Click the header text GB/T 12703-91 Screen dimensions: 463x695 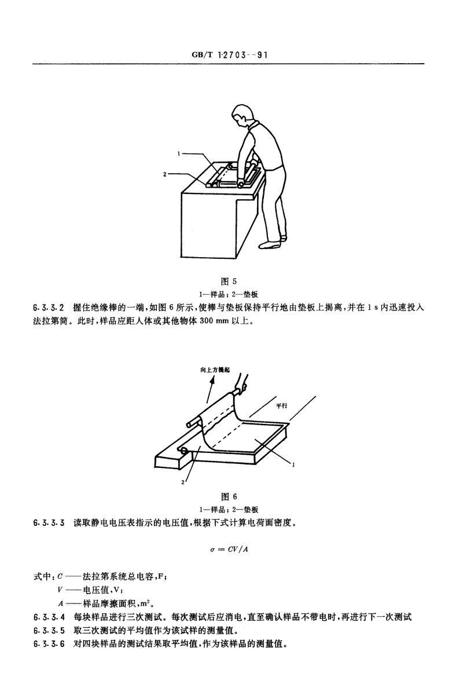tap(230, 55)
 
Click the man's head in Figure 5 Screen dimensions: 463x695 tap(242, 115)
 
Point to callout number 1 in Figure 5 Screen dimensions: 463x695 tap(179, 153)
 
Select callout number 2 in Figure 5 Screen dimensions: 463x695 tap(165, 174)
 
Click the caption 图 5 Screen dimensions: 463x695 tap(229, 281)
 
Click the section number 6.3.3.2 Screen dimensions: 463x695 tap(49, 308)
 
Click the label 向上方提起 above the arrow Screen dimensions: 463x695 tap(215, 370)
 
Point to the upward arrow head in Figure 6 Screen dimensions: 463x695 tap(212, 380)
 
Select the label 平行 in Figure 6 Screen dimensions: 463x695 tap(282, 405)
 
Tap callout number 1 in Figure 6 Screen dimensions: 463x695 tap(293, 464)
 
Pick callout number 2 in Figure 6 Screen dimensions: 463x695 tap(183, 482)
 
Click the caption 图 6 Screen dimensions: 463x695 tap(229, 497)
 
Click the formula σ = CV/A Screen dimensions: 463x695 tap(229, 550)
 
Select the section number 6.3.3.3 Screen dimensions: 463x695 tap(49, 523)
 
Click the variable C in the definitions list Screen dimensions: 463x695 tap(60, 577)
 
